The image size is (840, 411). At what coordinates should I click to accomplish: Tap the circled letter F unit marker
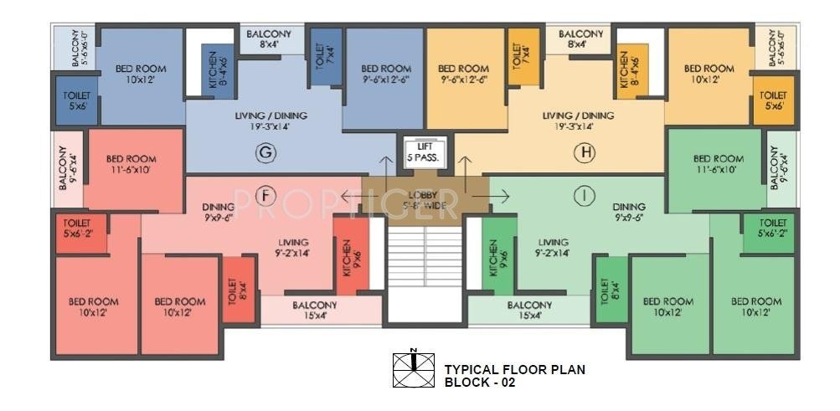(x=265, y=196)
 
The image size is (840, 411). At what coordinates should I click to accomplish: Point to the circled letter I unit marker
(x=581, y=195)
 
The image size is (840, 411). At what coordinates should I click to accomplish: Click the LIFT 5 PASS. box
(x=425, y=152)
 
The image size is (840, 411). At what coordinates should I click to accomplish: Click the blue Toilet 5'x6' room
(x=77, y=101)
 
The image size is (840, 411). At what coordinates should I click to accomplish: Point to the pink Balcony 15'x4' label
(x=315, y=311)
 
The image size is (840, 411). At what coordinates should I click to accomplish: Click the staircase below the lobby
(x=425, y=268)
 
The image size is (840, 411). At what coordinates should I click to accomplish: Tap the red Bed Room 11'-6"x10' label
(x=131, y=164)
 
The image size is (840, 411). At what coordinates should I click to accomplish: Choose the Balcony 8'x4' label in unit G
(x=268, y=39)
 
